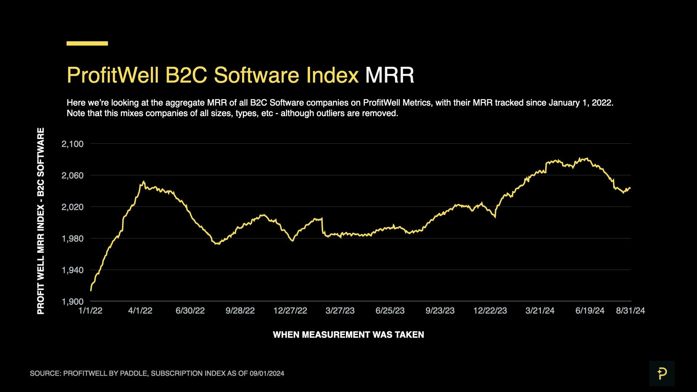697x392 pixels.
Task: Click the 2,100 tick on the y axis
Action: pyautogui.click(x=73, y=144)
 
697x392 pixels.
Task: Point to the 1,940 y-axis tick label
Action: pyautogui.click(x=73, y=270)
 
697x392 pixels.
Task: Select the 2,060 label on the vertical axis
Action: pyautogui.click(x=73, y=176)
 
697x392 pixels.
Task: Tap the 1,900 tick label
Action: pyautogui.click(x=73, y=302)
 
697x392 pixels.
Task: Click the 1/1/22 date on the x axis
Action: pyautogui.click(x=90, y=311)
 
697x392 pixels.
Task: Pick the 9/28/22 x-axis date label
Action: pyautogui.click(x=240, y=311)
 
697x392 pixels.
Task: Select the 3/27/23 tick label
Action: pyautogui.click(x=340, y=311)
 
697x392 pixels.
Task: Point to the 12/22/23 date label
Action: pyautogui.click(x=490, y=311)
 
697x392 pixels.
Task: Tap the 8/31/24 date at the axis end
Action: pyautogui.click(x=630, y=311)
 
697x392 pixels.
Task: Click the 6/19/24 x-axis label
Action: pyautogui.click(x=590, y=311)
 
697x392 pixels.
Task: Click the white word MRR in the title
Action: pyautogui.click(x=390, y=75)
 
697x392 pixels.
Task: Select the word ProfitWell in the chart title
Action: pyautogui.click(x=113, y=75)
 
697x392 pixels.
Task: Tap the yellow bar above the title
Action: pyautogui.click(x=87, y=44)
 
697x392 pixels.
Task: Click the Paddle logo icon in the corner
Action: pyautogui.click(x=662, y=373)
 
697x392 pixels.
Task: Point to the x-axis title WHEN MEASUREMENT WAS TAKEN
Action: pyautogui.click(x=348, y=335)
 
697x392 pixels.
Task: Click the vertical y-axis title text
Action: pyautogui.click(x=41, y=221)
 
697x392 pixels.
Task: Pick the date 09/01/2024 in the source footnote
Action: pyautogui.click(x=267, y=373)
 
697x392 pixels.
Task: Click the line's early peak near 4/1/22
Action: pyautogui.click(x=144, y=181)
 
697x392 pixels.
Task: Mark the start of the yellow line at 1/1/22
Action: pyautogui.click(x=91, y=290)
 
